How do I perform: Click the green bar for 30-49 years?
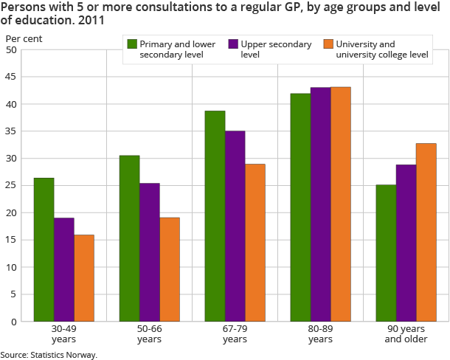point(44,249)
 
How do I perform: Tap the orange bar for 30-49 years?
point(84,278)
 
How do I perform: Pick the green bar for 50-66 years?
point(129,238)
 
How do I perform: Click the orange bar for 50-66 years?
point(170,269)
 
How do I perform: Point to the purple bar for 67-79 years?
point(235,226)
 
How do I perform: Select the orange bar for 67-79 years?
point(255,243)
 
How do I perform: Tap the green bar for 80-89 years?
point(300,207)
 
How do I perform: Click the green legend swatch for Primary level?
point(133,44)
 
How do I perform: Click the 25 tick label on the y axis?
point(12,186)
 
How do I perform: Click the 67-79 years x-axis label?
point(235,333)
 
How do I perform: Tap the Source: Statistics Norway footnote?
point(49,355)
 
